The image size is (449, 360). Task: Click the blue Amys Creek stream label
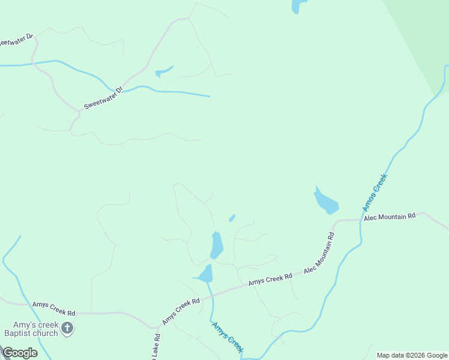pos(228,338)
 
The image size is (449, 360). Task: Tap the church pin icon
pos(67,328)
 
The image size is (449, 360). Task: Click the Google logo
pos(19,353)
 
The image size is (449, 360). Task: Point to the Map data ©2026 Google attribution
pos(412,355)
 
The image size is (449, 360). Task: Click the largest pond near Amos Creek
pos(326,202)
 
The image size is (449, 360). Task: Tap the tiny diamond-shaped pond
pos(232,218)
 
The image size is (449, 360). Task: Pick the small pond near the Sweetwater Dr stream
pos(163,71)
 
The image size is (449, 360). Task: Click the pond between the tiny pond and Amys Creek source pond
pos(217,245)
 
